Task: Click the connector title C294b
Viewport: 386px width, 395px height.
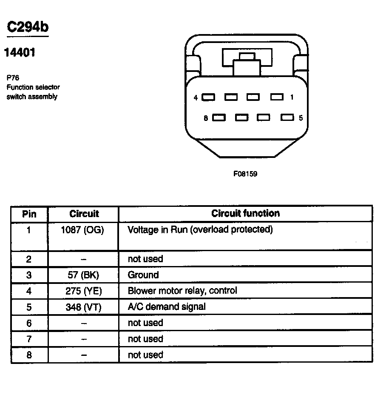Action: (28, 27)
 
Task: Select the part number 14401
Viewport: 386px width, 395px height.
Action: (20, 53)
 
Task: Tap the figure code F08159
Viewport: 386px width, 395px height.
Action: (245, 174)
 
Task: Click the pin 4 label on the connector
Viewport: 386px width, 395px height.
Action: (196, 98)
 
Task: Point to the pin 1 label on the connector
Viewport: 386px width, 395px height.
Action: (292, 97)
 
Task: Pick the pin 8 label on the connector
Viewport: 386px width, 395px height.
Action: (206, 118)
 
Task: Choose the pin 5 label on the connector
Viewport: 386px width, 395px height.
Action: (301, 118)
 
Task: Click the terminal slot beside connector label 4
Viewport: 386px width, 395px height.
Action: (208, 97)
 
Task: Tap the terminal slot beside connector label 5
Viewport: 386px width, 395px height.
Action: (287, 118)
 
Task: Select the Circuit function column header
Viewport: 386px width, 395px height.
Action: (245, 213)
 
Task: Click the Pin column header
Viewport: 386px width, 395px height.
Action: (29, 214)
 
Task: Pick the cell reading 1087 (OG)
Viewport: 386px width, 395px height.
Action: (82, 230)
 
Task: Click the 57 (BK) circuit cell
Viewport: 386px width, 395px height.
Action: (83, 275)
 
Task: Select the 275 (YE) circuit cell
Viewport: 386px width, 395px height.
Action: (83, 291)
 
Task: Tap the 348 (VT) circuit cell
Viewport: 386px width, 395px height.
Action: (83, 307)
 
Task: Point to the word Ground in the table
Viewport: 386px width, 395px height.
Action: (143, 275)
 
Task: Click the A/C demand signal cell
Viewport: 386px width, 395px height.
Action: (167, 306)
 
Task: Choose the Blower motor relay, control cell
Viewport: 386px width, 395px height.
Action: (182, 291)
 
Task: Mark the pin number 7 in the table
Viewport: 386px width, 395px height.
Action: (29, 339)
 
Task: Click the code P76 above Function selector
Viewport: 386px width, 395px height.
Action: (13, 78)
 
